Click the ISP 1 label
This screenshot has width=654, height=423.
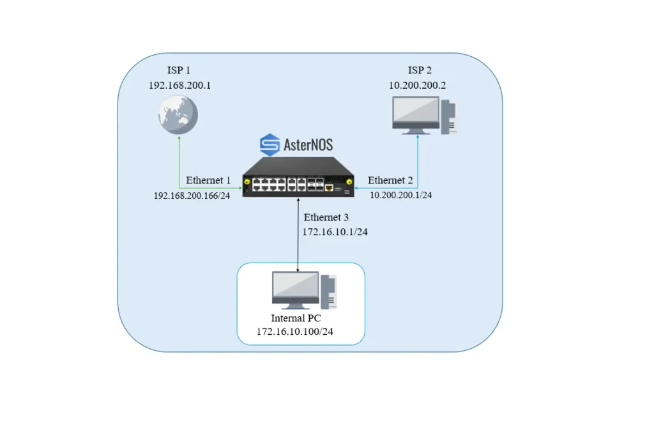(x=179, y=70)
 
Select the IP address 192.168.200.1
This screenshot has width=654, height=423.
(x=179, y=85)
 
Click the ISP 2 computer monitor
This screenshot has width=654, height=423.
(x=416, y=114)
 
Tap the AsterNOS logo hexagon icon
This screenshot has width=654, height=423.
(x=270, y=144)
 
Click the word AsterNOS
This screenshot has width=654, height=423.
(x=308, y=145)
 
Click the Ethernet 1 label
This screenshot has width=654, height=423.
(x=208, y=181)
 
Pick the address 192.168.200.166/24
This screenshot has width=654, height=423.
(x=192, y=195)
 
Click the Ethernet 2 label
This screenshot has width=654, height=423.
(x=390, y=181)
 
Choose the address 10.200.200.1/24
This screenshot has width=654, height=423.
(x=401, y=195)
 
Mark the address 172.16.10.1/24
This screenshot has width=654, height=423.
(x=335, y=232)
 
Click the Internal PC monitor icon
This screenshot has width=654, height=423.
(x=295, y=289)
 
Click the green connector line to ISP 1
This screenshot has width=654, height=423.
(x=179, y=163)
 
